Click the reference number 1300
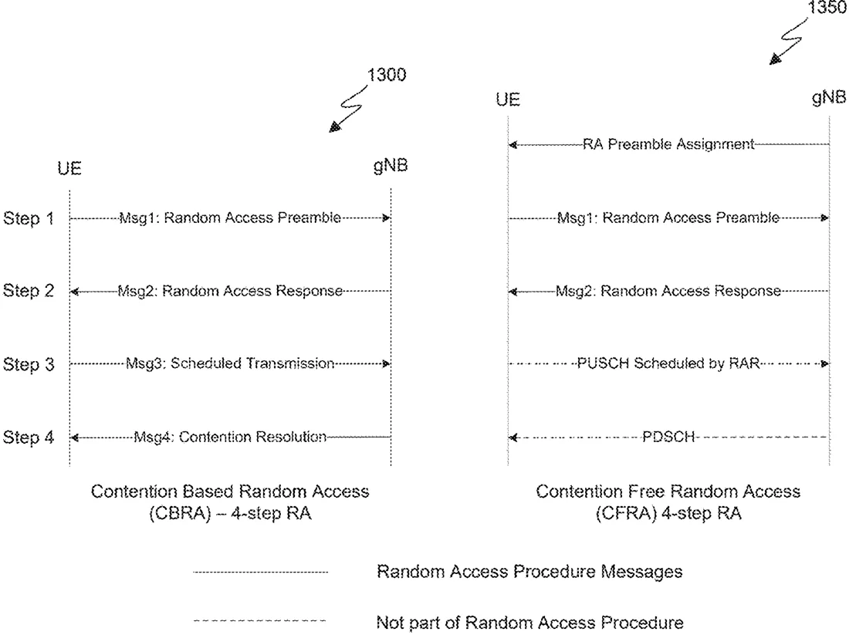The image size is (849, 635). pyautogui.click(x=387, y=75)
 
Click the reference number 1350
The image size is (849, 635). pyautogui.click(x=828, y=8)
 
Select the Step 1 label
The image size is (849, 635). pyautogui.click(x=29, y=218)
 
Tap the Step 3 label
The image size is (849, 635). pyautogui.click(x=29, y=364)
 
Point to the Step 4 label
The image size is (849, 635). pyautogui.click(x=29, y=437)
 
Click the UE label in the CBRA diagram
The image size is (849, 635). pyautogui.click(x=69, y=168)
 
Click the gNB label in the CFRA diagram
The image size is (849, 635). pyautogui.click(x=829, y=97)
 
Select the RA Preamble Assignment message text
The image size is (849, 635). pyautogui.click(x=668, y=144)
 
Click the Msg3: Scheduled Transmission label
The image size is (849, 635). pyautogui.click(x=230, y=363)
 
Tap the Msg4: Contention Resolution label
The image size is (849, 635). pyautogui.click(x=230, y=437)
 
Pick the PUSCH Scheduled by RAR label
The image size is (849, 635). pyautogui.click(x=668, y=363)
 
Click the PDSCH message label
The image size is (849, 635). pyautogui.click(x=668, y=437)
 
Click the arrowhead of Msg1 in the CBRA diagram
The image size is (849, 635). pyautogui.click(x=387, y=218)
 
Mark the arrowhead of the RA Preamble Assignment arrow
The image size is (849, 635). pyautogui.click(x=512, y=144)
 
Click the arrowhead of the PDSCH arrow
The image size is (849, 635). pyautogui.click(x=512, y=437)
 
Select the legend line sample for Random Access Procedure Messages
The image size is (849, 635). pyautogui.click(x=260, y=573)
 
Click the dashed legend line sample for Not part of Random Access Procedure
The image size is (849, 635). pyautogui.click(x=260, y=621)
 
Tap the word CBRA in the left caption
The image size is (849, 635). pyautogui.click(x=180, y=513)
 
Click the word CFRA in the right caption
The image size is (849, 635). pyautogui.click(x=627, y=513)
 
